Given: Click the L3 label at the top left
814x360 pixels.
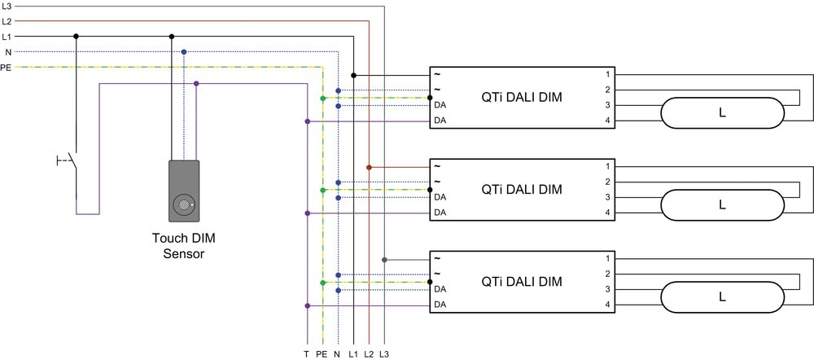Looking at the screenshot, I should pyautogui.click(x=7, y=6).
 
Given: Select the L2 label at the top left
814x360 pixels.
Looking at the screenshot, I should pyautogui.click(x=7, y=21).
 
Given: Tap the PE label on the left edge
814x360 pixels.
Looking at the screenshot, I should pyautogui.click(x=7, y=67).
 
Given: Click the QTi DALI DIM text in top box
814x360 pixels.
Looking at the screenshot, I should pyautogui.click(x=522, y=98).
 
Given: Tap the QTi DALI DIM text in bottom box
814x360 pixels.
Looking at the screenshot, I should pyautogui.click(x=522, y=282).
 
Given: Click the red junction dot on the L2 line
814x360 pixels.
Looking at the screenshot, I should pyautogui.click(x=370, y=167).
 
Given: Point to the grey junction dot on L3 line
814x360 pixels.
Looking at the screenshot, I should pyautogui.click(x=384, y=259).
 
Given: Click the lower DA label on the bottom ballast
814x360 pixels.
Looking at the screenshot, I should pyautogui.click(x=440, y=305).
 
